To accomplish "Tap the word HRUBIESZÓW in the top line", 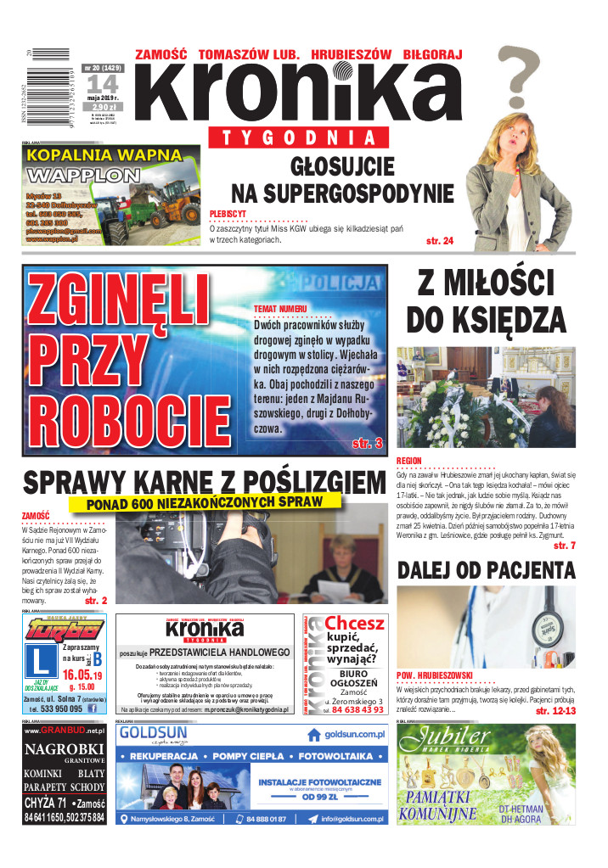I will (x=351, y=54).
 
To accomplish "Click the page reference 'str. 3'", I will (x=367, y=443).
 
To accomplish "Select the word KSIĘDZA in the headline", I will (x=487, y=320).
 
